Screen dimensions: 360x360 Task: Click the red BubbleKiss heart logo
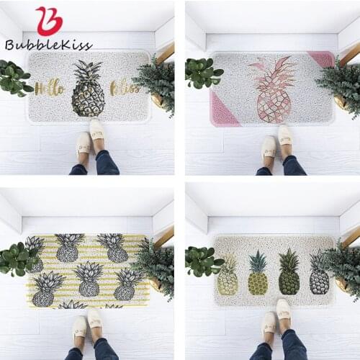tap(49, 20)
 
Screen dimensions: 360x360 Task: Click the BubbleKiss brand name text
tap(48, 45)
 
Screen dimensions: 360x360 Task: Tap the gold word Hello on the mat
tap(50, 88)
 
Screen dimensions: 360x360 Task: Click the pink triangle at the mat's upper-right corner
tap(322, 58)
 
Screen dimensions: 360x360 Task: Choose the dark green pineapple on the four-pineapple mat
tap(289, 273)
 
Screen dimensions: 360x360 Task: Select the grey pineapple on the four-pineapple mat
tap(319, 274)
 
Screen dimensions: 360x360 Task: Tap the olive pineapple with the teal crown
tap(258, 274)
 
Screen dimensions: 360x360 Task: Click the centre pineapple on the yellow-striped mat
tap(89, 280)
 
